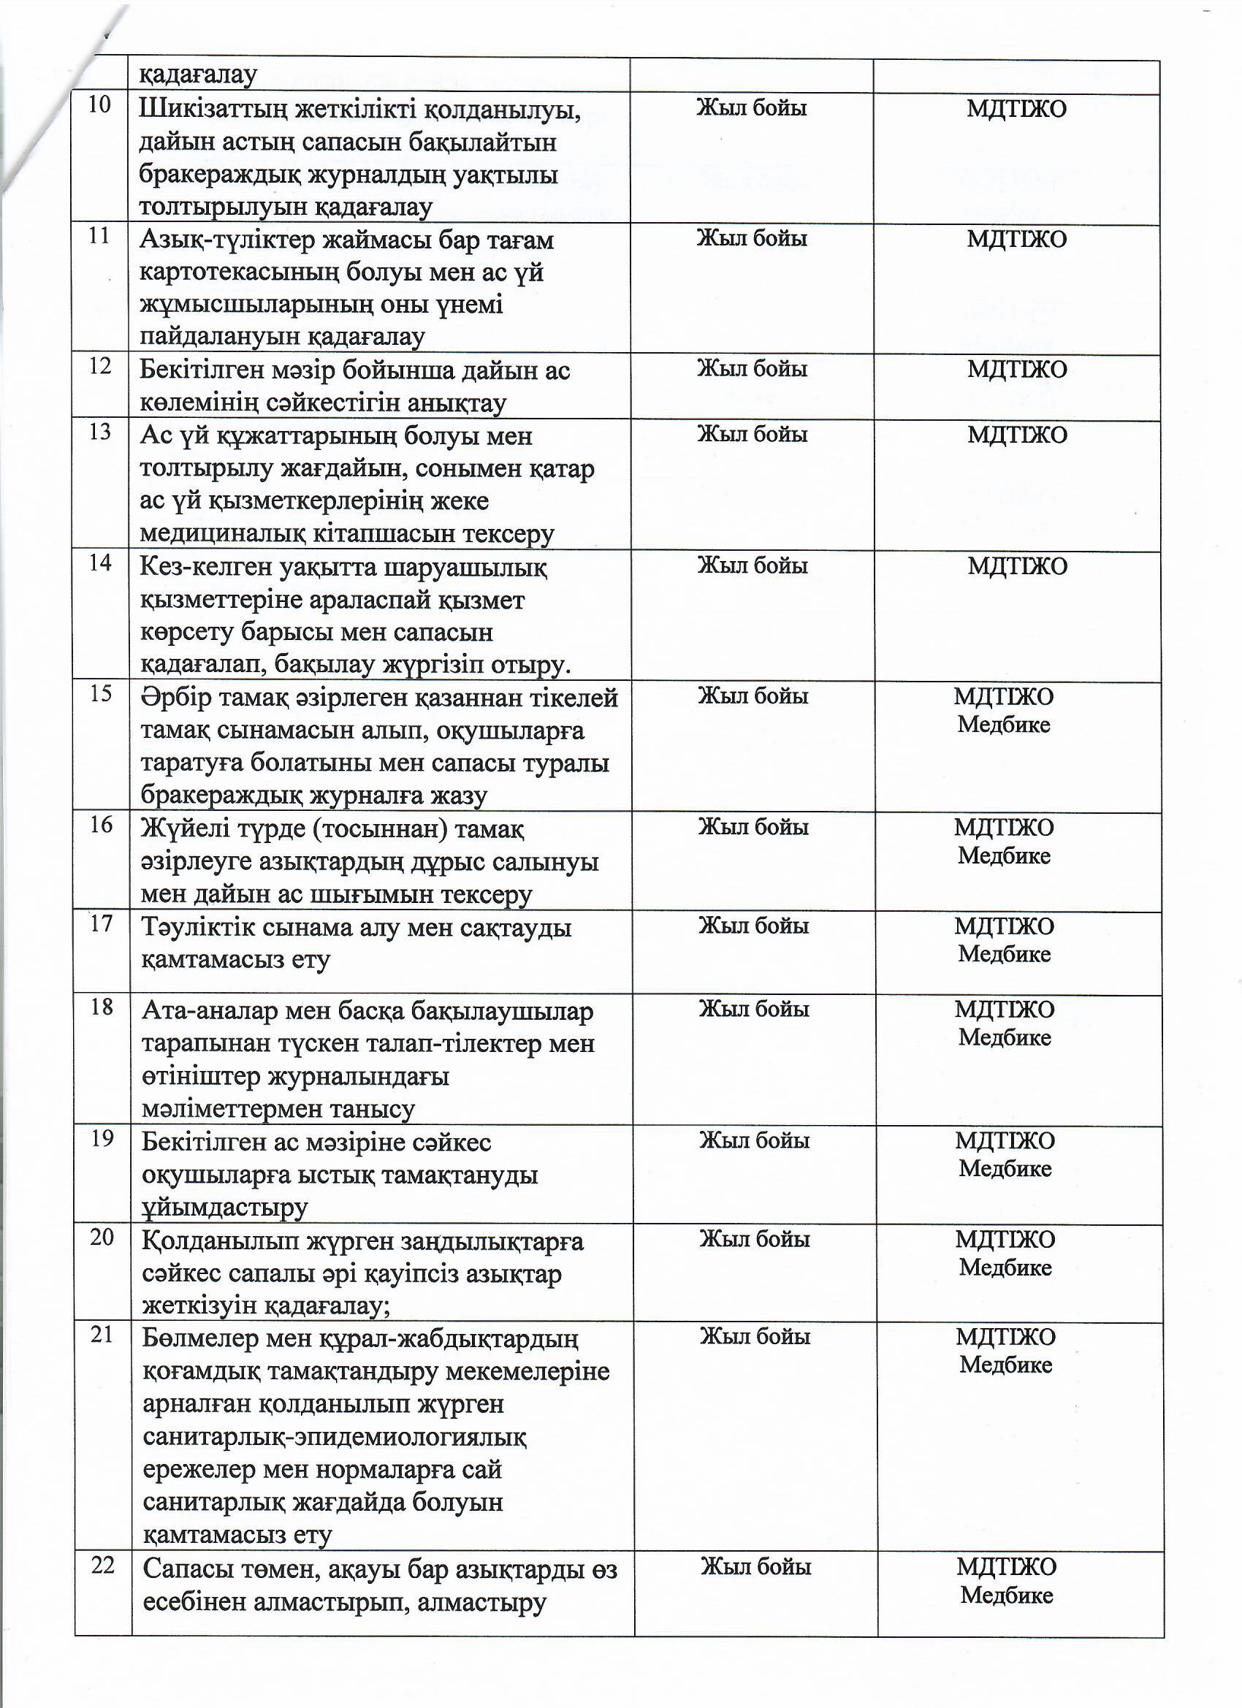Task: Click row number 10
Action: (99, 104)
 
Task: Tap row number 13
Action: (100, 432)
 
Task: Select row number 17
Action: (101, 923)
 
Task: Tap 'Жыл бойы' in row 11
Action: (751, 239)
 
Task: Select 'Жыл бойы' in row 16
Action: (753, 827)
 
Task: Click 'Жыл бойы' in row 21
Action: (755, 1336)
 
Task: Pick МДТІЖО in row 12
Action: (1017, 369)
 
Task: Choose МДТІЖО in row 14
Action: (1018, 565)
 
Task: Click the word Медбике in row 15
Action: (1003, 725)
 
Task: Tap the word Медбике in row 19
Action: (1005, 1169)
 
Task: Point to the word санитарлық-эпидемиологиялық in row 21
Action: (335, 1437)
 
